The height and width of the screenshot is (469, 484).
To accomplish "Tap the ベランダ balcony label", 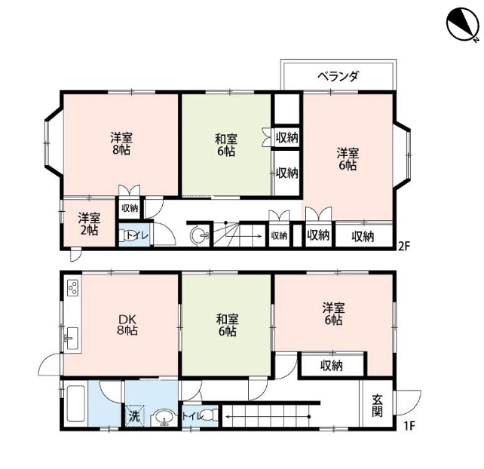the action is click(338, 76).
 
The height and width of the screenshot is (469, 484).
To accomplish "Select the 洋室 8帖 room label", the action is click(121, 143).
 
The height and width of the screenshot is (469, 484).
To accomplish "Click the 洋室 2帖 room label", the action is click(89, 224).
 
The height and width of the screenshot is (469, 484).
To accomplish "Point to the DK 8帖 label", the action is click(127, 324).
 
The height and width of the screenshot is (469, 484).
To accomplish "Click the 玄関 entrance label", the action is click(378, 406).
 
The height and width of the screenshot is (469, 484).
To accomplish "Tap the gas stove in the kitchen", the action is click(73, 288).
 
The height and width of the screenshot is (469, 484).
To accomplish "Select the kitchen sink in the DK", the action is click(73, 338).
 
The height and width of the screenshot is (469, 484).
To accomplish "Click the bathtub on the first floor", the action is click(75, 403).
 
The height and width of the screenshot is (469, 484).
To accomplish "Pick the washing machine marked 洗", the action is click(134, 415).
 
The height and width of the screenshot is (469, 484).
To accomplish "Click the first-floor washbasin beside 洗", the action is click(164, 418).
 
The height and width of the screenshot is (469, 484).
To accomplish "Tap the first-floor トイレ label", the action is click(192, 416).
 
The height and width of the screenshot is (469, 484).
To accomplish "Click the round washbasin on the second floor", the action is click(201, 236).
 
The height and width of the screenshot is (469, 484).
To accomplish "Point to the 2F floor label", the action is click(403, 246).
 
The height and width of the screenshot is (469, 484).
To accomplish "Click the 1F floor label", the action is click(410, 426).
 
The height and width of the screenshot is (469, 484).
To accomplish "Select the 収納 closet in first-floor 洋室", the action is click(332, 366).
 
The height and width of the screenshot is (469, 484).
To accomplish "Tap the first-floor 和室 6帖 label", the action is click(227, 325).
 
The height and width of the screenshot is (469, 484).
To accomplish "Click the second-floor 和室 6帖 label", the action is click(226, 145).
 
